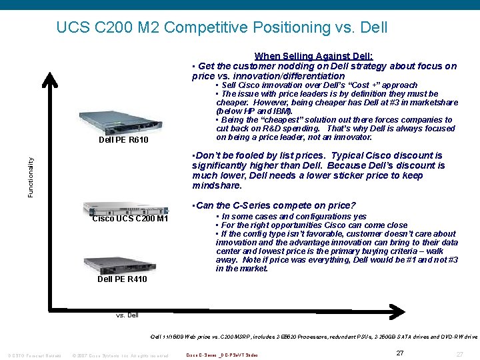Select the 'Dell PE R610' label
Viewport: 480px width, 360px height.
[123, 140]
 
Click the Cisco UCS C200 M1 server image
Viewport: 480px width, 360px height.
[125, 207]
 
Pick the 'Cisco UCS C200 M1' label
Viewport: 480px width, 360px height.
[130, 219]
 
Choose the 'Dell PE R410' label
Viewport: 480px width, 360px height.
[122, 279]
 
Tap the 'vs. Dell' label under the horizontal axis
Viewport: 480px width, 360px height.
[126, 315]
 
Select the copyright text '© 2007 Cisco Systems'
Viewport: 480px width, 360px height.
[120, 355]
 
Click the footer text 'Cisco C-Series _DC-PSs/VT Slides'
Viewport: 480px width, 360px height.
[222, 355]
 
